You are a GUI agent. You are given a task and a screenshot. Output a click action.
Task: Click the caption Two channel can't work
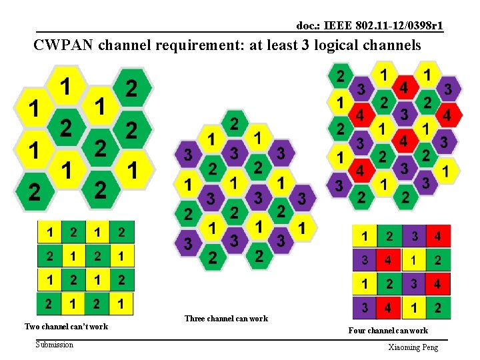click(66, 327)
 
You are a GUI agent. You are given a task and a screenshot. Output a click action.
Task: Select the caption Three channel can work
click(227, 319)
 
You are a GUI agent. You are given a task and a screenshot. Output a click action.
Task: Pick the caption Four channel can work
click(388, 331)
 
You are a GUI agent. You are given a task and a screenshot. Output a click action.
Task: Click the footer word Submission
click(55, 344)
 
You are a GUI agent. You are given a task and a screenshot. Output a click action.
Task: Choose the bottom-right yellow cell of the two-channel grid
click(123, 303)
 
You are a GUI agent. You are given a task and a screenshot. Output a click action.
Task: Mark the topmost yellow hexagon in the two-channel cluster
click(65, 86)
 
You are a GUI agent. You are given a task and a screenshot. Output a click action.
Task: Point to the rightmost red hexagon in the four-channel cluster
click(447, 115)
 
